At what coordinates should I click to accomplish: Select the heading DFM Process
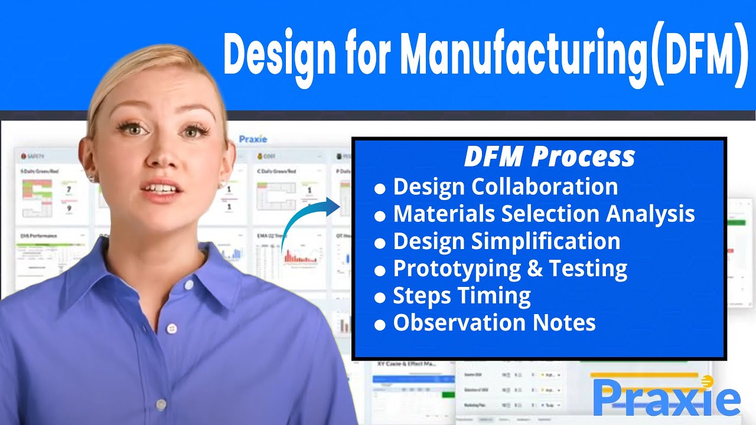[x=549, y=157]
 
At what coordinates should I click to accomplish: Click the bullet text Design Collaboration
[x=506, y=187]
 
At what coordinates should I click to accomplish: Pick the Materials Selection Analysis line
[x=544, y=214]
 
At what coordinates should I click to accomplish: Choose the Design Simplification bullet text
[x=507, y=241]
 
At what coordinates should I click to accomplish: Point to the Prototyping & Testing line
[x=510, y=269]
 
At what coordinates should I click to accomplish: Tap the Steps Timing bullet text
[x=462, y=296]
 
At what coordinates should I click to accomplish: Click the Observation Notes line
[x=494, y=323]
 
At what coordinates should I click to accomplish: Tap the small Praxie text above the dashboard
[x=253, y=139]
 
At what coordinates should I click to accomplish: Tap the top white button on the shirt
[x=188, y=285]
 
